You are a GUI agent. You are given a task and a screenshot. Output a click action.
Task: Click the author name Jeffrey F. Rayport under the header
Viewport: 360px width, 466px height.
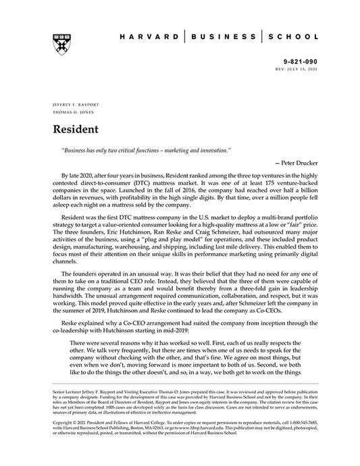click(71, 106)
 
